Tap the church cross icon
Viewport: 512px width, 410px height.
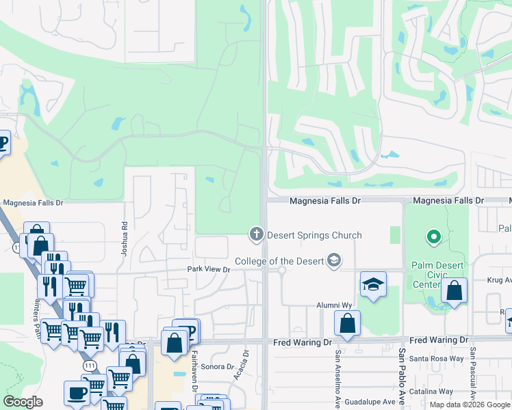pyautogui.click(x=257, y=235)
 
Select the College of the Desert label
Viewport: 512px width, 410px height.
pyautogui.click(x=280, y=261)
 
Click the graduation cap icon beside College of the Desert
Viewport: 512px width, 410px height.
pyautogui.click(x=333, y=260)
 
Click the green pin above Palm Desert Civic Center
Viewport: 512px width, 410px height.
pyautogui.click(x=433, y=238)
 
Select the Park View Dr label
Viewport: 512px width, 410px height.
pyautogui.click(x=209, y=270)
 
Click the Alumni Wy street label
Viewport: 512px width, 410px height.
pyautogui.click(x=333, y=305)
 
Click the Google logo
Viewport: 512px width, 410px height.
pyautogui.click(x=23, y=402)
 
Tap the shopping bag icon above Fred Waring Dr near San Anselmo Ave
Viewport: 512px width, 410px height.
pyautogui.click(x=348, y=323)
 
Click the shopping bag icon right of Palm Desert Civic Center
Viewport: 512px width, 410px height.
pyautogui.click(x=454, y=290)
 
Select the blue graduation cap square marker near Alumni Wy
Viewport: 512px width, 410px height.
pyautogui.click(x=373, y=284)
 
